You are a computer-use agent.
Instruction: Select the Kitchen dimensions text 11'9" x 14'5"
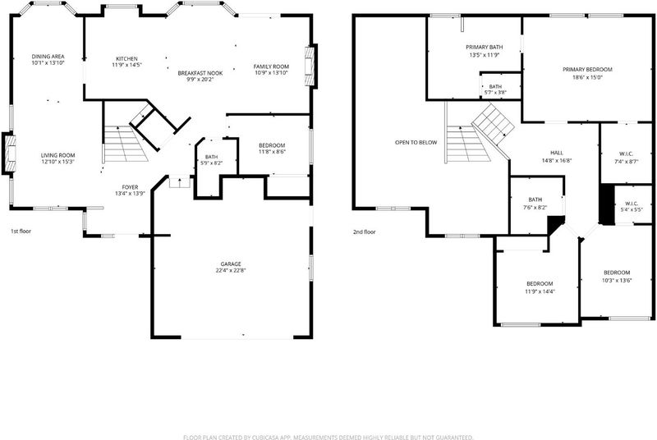click(127, 66)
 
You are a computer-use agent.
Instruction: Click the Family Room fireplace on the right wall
click(310, 66)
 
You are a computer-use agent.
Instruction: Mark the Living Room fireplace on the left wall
click(10, 154)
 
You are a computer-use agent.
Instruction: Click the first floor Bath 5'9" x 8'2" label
click(212, 160)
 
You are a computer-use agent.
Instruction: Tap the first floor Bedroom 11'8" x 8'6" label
click(272, 149)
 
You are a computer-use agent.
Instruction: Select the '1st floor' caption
click(21, 231)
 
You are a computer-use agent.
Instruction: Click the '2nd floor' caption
click(364, 232)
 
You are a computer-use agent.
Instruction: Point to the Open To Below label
click(416, 142)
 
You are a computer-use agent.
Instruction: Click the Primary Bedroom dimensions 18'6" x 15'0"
click(587, 77)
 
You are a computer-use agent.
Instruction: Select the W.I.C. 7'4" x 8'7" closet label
click(627, 158)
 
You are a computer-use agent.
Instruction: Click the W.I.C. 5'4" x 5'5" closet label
click(632, 206)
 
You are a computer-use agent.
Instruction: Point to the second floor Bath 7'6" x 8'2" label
click(535, 204)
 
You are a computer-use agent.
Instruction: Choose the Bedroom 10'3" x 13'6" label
click(617, 277)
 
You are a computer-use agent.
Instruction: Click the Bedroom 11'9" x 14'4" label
click(540, 287)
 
